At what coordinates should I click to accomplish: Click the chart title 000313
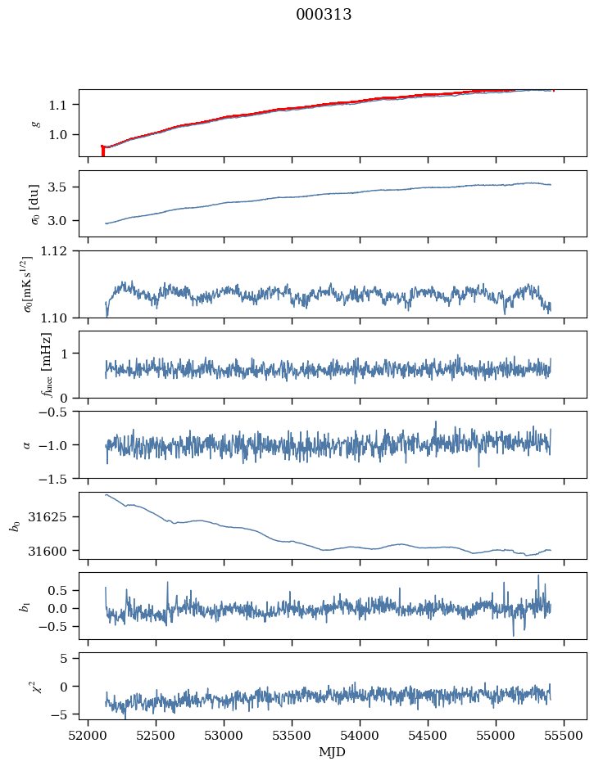coord(324,15)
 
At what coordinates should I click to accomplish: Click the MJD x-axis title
coord(332,751)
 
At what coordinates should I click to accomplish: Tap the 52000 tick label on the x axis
coord(88,735)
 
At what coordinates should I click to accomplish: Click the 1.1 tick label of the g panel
coord(62,105)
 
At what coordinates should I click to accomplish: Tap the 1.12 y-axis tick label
coord(59,251)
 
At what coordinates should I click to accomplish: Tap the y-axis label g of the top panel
coord(34,123)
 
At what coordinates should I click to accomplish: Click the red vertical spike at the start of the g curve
coord(102,151)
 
